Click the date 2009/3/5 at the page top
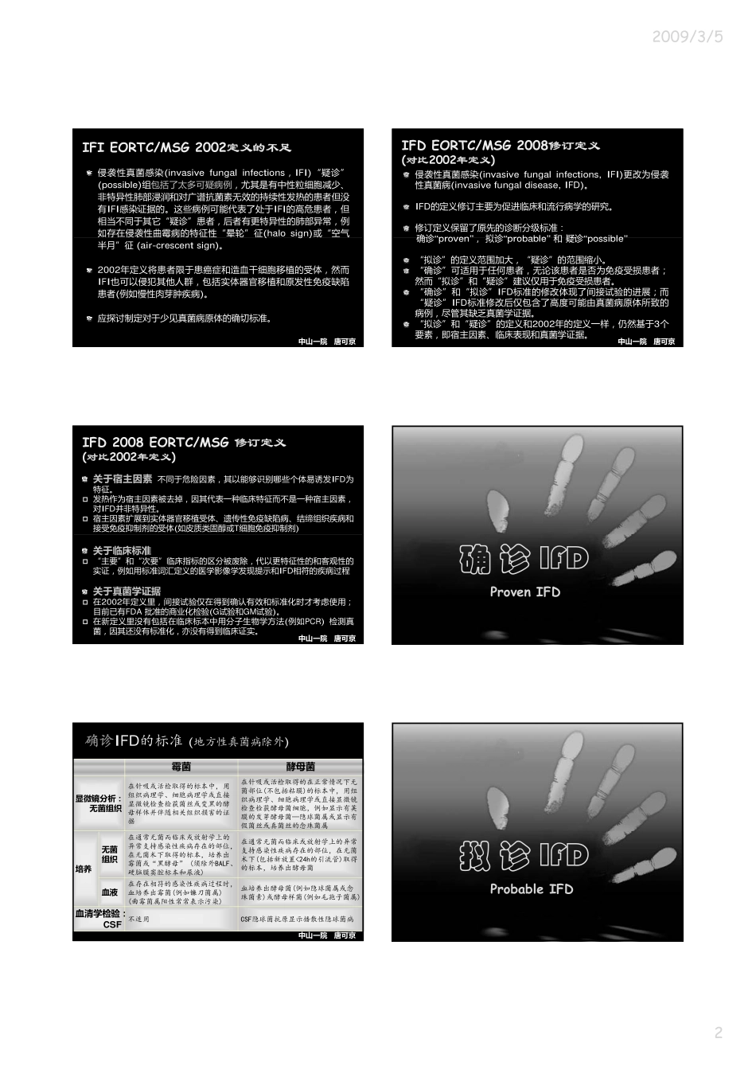coord(688,37)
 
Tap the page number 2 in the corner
coord(718,1033)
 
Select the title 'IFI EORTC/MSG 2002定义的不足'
coord(187,147)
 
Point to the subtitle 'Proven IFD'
coord(525,592)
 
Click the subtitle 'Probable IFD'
coord(531,888)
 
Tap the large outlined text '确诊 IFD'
coord(524,558)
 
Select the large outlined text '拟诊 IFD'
coord(524,856)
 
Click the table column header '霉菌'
coord(181,767)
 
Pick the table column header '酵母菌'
coord(300,767)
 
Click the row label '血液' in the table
coord(109,892)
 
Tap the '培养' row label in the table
coord(84,869)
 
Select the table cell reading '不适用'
coord(139,919)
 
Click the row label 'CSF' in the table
coord(112,924)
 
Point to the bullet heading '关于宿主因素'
coord(123,479)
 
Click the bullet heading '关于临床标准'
coord(122,550)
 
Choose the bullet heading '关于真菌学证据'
coord(127,591)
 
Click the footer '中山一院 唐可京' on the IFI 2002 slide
coord(327,342)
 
